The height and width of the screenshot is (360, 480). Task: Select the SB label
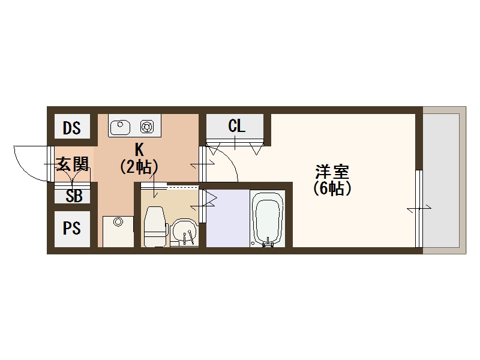pyautogui.click(x=74, y=196)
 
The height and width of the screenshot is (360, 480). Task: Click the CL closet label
pyautogui.click(x=236, y=127)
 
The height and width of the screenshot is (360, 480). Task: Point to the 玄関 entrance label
pyautogui.click(x=73, y=164)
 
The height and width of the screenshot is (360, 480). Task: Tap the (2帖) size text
pyautogui.click(x=139, y=166)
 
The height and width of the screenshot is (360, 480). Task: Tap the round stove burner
pyautogui.click(x=146, y=127)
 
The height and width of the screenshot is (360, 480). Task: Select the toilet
pyautogui.click(x=155, y=226)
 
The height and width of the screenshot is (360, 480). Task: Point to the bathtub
pyautogui.click(x=267, y=219)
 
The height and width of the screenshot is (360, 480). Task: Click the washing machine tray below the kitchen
pyautogui.click(x=118, y=232)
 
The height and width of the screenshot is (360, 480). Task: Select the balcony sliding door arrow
pyautogui.click(x=419, y=208)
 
